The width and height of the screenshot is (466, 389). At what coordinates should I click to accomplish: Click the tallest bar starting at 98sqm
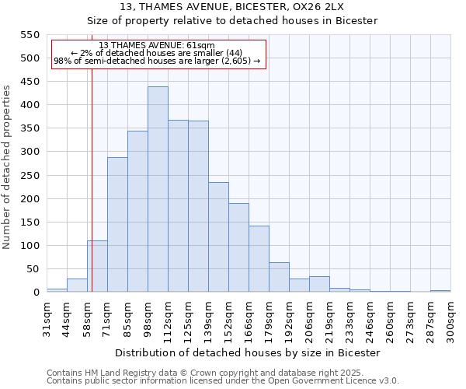pos(158,189)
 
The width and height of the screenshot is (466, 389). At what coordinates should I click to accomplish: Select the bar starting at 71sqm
pos(117,224)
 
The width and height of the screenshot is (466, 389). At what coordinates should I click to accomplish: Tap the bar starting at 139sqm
pos(218,237)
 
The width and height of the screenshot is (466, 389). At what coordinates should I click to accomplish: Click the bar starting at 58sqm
pos(97,266)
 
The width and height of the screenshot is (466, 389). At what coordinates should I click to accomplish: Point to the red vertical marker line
pos(92,171)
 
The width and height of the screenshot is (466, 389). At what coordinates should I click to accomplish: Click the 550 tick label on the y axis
pos(29,35)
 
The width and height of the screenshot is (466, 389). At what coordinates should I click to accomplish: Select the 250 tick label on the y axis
pos(29,176)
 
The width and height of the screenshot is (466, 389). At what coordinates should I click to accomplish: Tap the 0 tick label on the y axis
pos(36,293)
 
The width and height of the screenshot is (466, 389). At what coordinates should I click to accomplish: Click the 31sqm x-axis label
pos(47,318)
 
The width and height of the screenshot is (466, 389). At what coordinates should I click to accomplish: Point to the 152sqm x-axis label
pos(228,318)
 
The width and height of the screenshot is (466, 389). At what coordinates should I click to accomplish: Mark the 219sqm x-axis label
pos(329,318)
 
